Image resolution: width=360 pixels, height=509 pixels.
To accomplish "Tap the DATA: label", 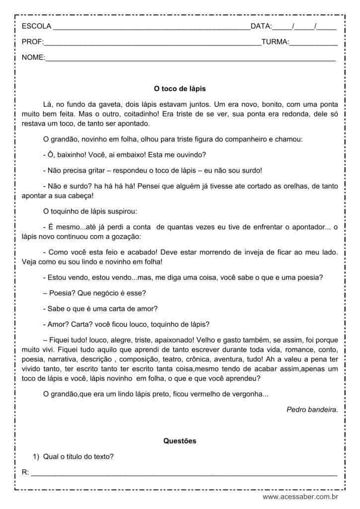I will point(261,26).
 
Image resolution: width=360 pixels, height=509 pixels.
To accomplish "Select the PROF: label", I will point(33,42).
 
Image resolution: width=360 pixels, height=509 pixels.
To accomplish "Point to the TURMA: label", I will point(275,42).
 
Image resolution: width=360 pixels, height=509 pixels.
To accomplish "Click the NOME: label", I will point(33,58).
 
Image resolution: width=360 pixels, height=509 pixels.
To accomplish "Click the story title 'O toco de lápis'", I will point(180,89).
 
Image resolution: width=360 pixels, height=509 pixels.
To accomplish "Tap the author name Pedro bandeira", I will point(312,410).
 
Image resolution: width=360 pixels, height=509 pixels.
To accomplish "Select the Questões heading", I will point(180,440).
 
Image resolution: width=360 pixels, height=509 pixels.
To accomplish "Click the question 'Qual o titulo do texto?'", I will point(80,456).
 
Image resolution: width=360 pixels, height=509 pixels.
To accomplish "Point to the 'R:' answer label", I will point(26,472).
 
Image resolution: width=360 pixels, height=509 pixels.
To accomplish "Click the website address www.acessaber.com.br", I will point(300,496).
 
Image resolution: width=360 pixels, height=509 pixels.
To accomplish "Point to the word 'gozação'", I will point(125,236).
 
